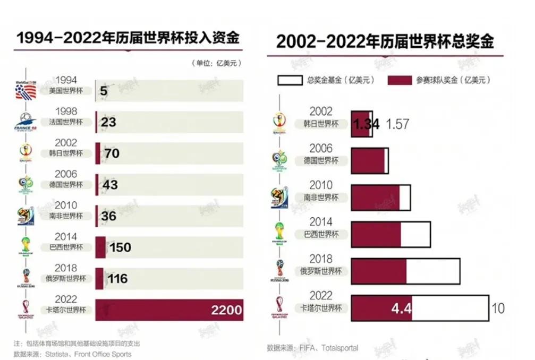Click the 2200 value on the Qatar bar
[226, 310]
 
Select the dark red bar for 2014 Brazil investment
[100, 247]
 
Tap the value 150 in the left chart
[120, 247]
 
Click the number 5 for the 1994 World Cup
[103, 91]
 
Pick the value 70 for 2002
[112, 154]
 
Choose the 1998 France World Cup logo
[25, 122]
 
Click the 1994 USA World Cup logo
[25, 91]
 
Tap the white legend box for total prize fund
[290, 80]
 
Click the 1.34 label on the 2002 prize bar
[367, 124]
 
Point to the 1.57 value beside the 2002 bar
[397, 124]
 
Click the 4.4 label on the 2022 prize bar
[401, 308]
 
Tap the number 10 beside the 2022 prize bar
[498, 308]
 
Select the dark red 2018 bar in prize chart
[378, 271]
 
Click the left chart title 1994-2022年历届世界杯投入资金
[128, 38]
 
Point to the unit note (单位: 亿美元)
[216, 63]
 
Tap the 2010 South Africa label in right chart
[321, 192]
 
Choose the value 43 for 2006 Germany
[110, 185]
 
